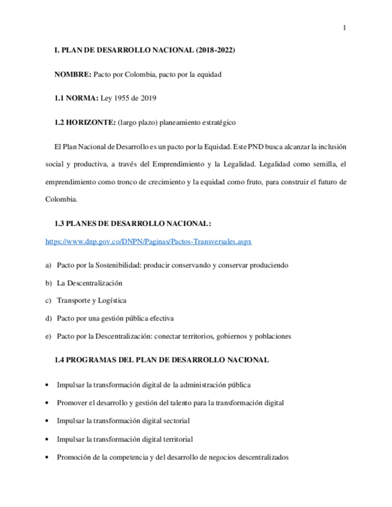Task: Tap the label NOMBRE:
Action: (x=73, y=75)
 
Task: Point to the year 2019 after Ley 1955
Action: (x=148, y=98)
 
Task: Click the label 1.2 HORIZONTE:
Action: (x=85, y=122)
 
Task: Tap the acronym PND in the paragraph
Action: (x=245, y=146)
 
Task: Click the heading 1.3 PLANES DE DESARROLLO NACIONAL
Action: (x=132, y=224)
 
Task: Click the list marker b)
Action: (x=48, y=282)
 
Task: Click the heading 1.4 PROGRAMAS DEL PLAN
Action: (x=162, y=360)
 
